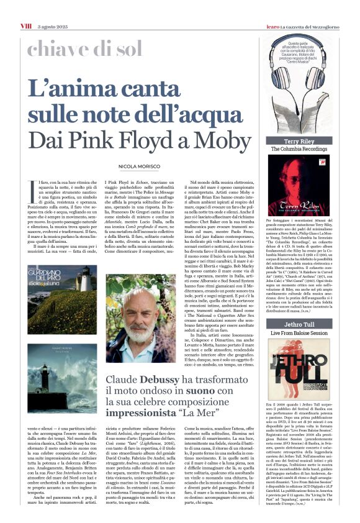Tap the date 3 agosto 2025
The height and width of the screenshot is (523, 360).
pyautogui.click(x=53, y=7)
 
